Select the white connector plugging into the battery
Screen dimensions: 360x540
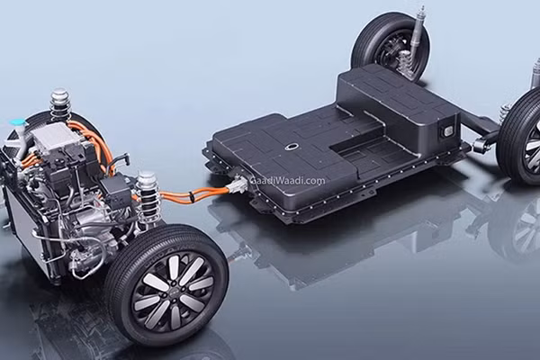tap(236, 187)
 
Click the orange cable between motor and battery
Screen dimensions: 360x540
tap(193, 193)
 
